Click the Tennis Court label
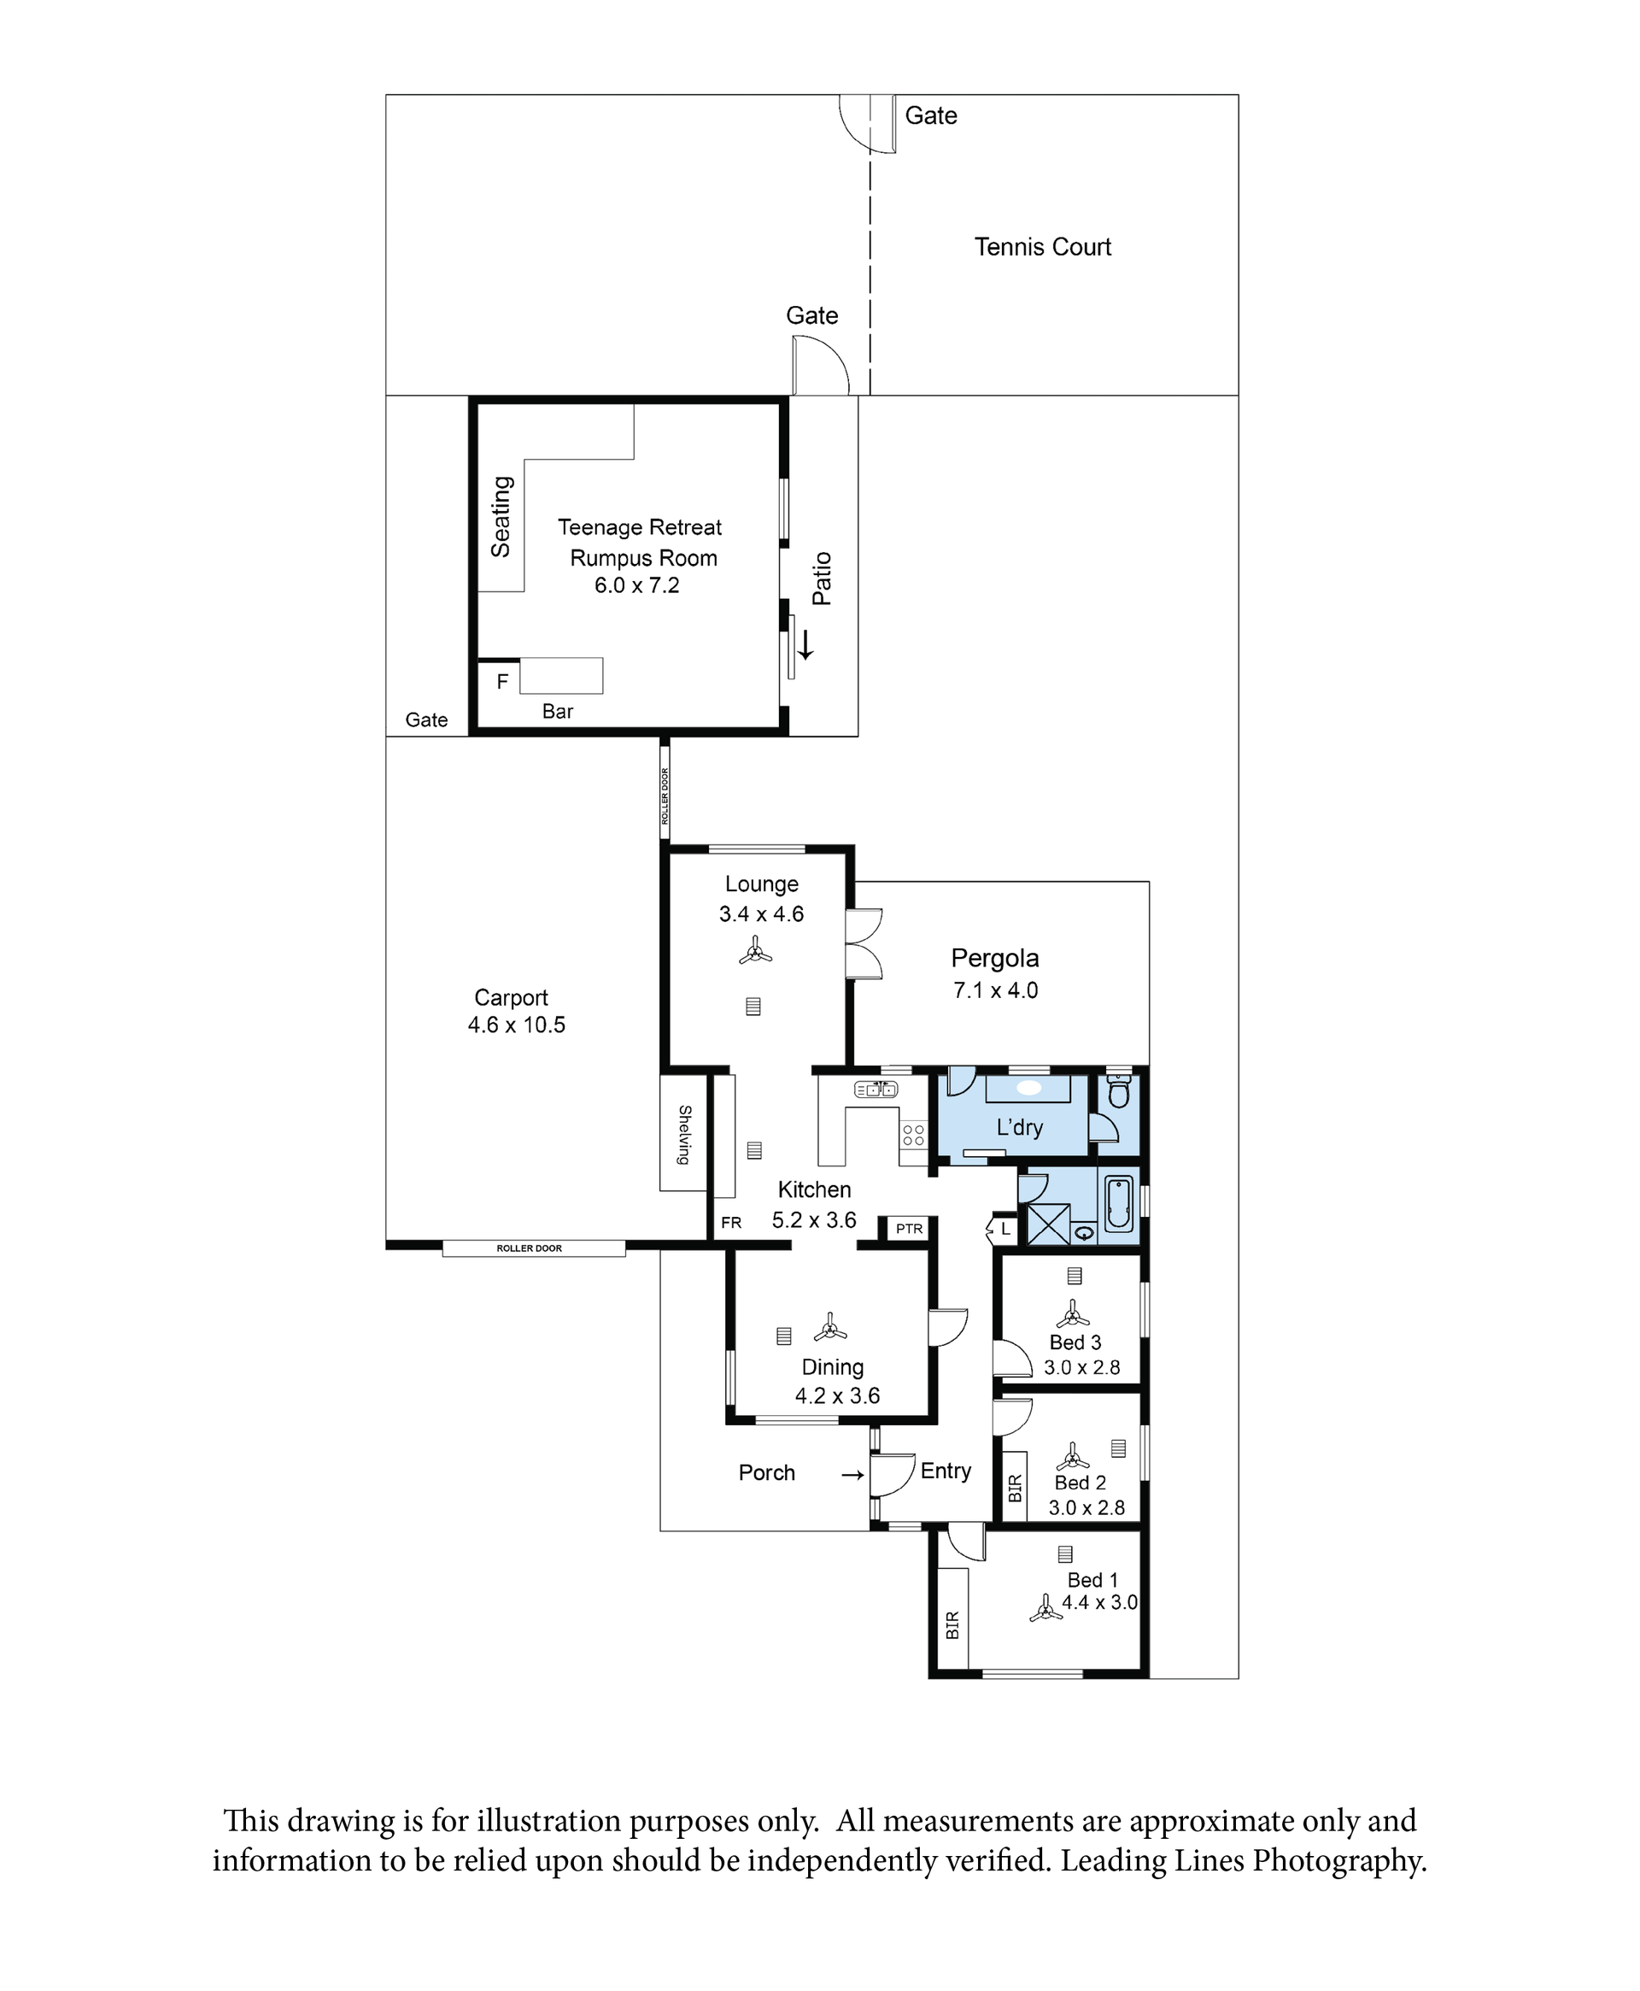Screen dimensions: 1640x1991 point(1042,247)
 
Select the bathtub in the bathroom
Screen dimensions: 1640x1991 point(1118,1203)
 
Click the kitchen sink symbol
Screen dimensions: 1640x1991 point(876,1089)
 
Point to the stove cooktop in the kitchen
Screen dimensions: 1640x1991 point(913,1134)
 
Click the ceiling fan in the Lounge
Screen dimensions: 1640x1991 point(755,952)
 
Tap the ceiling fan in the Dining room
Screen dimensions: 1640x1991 point(829,1328)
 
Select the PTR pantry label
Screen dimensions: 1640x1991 point(909,1229)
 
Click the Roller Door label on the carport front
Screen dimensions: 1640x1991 point(529,1248)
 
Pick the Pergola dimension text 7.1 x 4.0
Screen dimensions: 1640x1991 point(996,990)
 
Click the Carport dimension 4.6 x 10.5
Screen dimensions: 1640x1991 point(517,1025)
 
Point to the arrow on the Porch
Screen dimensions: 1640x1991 point(853,1474)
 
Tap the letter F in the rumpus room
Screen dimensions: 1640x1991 point(502,680)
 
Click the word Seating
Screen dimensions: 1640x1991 point(501,517)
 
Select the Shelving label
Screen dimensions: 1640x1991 point(685,1134)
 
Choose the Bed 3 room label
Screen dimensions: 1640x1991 point(1075,1342)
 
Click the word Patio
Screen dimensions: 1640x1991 point(822,579)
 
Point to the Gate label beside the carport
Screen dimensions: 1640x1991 point(426,719)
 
